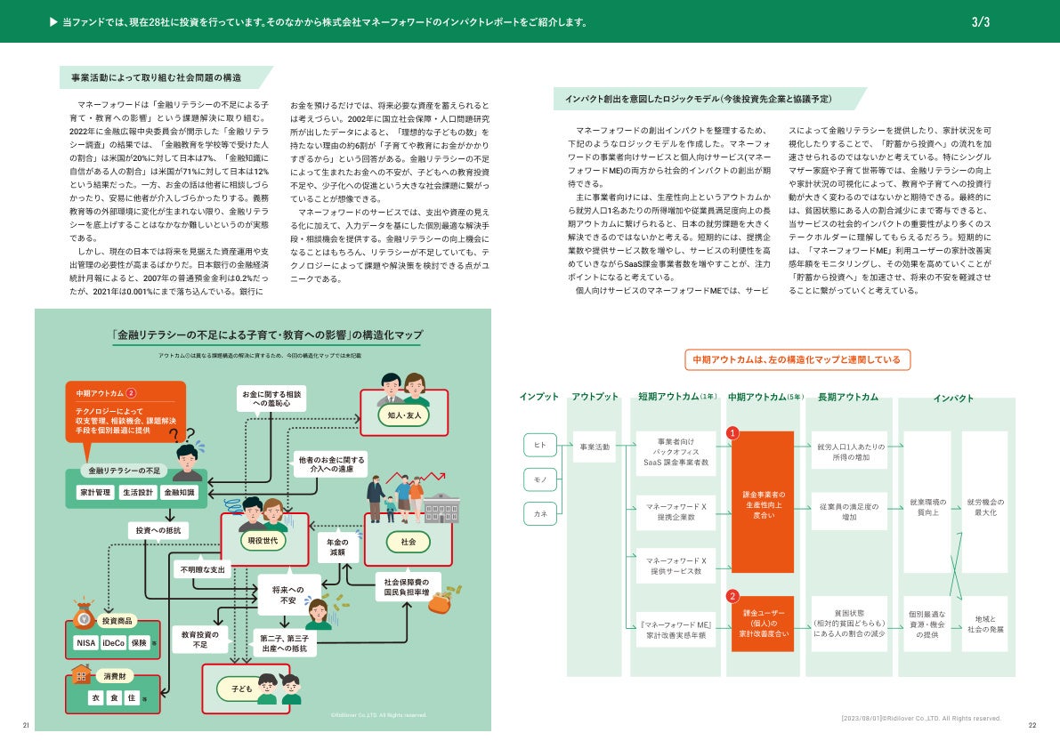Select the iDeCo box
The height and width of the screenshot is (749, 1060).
114,642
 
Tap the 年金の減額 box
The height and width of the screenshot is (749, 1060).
337,546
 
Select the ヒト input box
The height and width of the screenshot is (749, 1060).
540,445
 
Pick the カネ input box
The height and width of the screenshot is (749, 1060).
540,513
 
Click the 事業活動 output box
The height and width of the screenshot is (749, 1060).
595,447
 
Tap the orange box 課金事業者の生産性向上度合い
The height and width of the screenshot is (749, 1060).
763,503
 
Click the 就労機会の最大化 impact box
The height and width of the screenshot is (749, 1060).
984,509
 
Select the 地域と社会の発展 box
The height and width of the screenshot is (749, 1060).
984,624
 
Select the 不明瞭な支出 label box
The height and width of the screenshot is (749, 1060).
203,568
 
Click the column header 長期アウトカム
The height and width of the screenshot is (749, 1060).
847,397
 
